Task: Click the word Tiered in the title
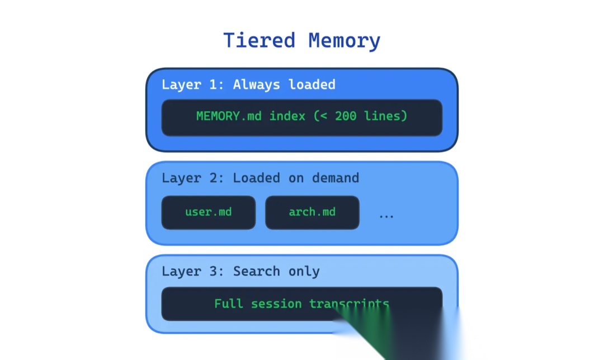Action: pyautogui.click(x=259, y=41)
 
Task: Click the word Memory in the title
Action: pyautogui.click(x=345, y=41)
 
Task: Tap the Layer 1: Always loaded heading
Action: pyautogui.click(x=248, y=84)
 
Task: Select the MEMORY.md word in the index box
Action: pyautogui.click(x=229, y=116)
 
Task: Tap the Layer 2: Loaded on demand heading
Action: pyautogui.click(x=260, y=178)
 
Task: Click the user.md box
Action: pyautogui.click(x=208, y=212)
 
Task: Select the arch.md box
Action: pyautogui.click(x=312, y=212)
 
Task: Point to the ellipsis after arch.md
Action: pyautogui.click(x=386, y=215)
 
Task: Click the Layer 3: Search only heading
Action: pyautogui.click(x=240, y=271)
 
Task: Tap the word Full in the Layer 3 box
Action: pyautogui.click(x=228, y=304)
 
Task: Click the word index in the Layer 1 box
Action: pyautogui.click(x=287, y=116)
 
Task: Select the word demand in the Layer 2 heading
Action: pyautogui.click(x=336, y=178)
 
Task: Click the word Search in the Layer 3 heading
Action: pyautogui.click(x=257, y=271)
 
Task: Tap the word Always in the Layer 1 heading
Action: pyautogui.click(x=257, y=84)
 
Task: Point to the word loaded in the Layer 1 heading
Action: pyautogui.click(x=312, y=84)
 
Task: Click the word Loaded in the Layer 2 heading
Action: pyautogui.click(x=257, y=178)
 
